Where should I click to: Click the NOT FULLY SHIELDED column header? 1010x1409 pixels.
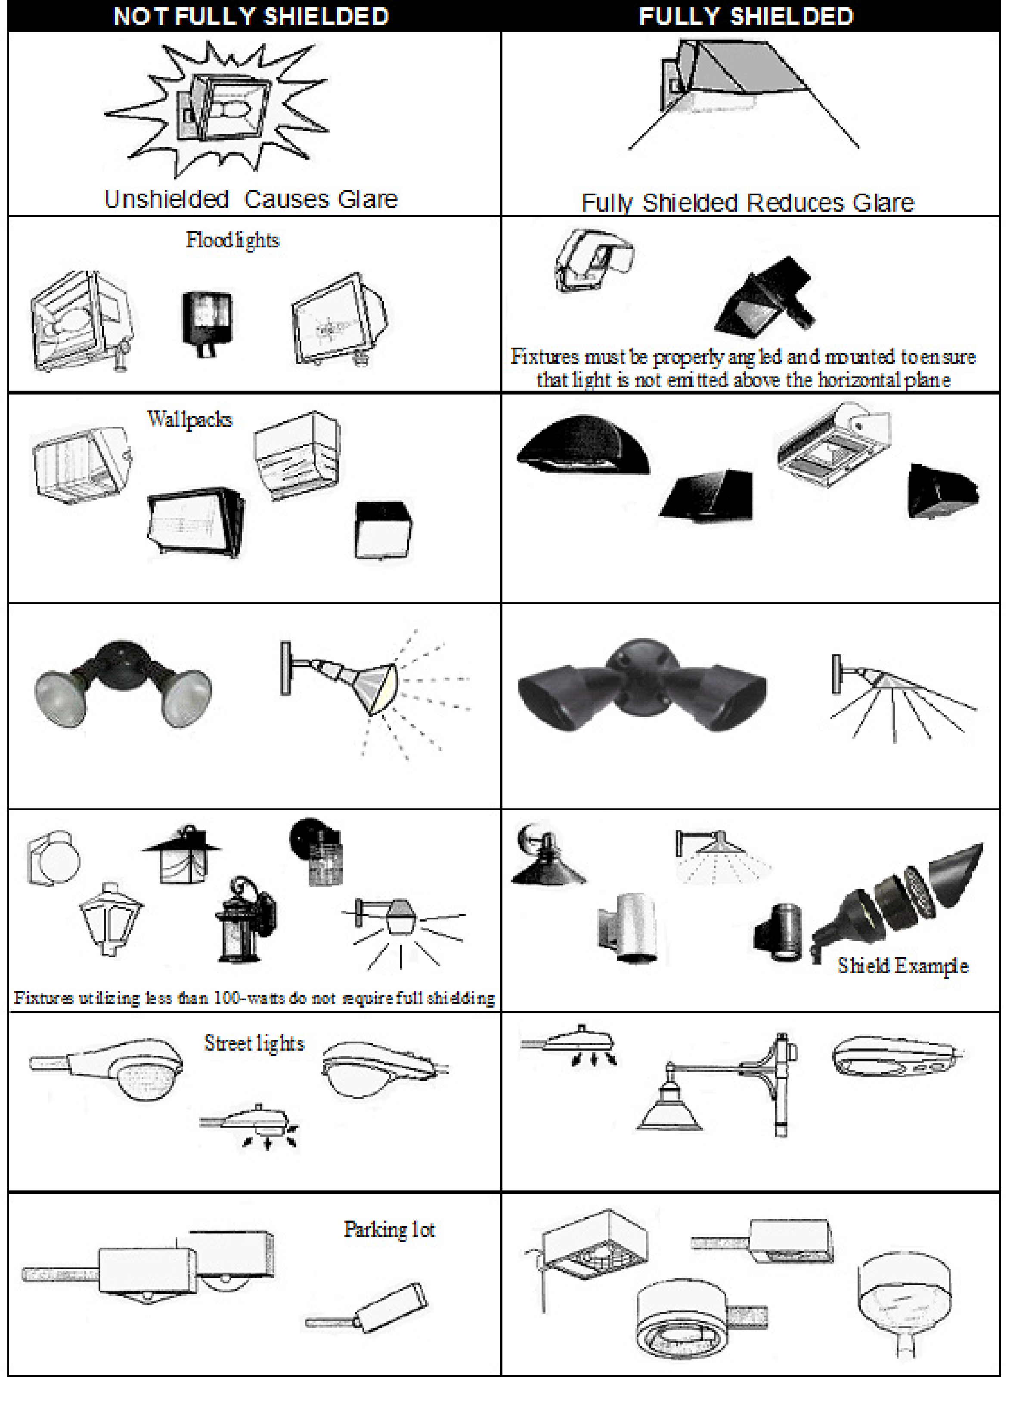point(251,16)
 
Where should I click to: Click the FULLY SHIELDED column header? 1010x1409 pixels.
point(746,16)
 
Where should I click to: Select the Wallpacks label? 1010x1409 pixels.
point(189,419)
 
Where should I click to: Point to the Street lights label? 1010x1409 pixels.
point(254,1043)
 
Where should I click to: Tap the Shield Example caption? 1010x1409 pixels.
point(902,965)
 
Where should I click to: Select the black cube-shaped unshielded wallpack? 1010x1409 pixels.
point(382,530)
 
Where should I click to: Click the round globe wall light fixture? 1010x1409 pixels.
point(55,859)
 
